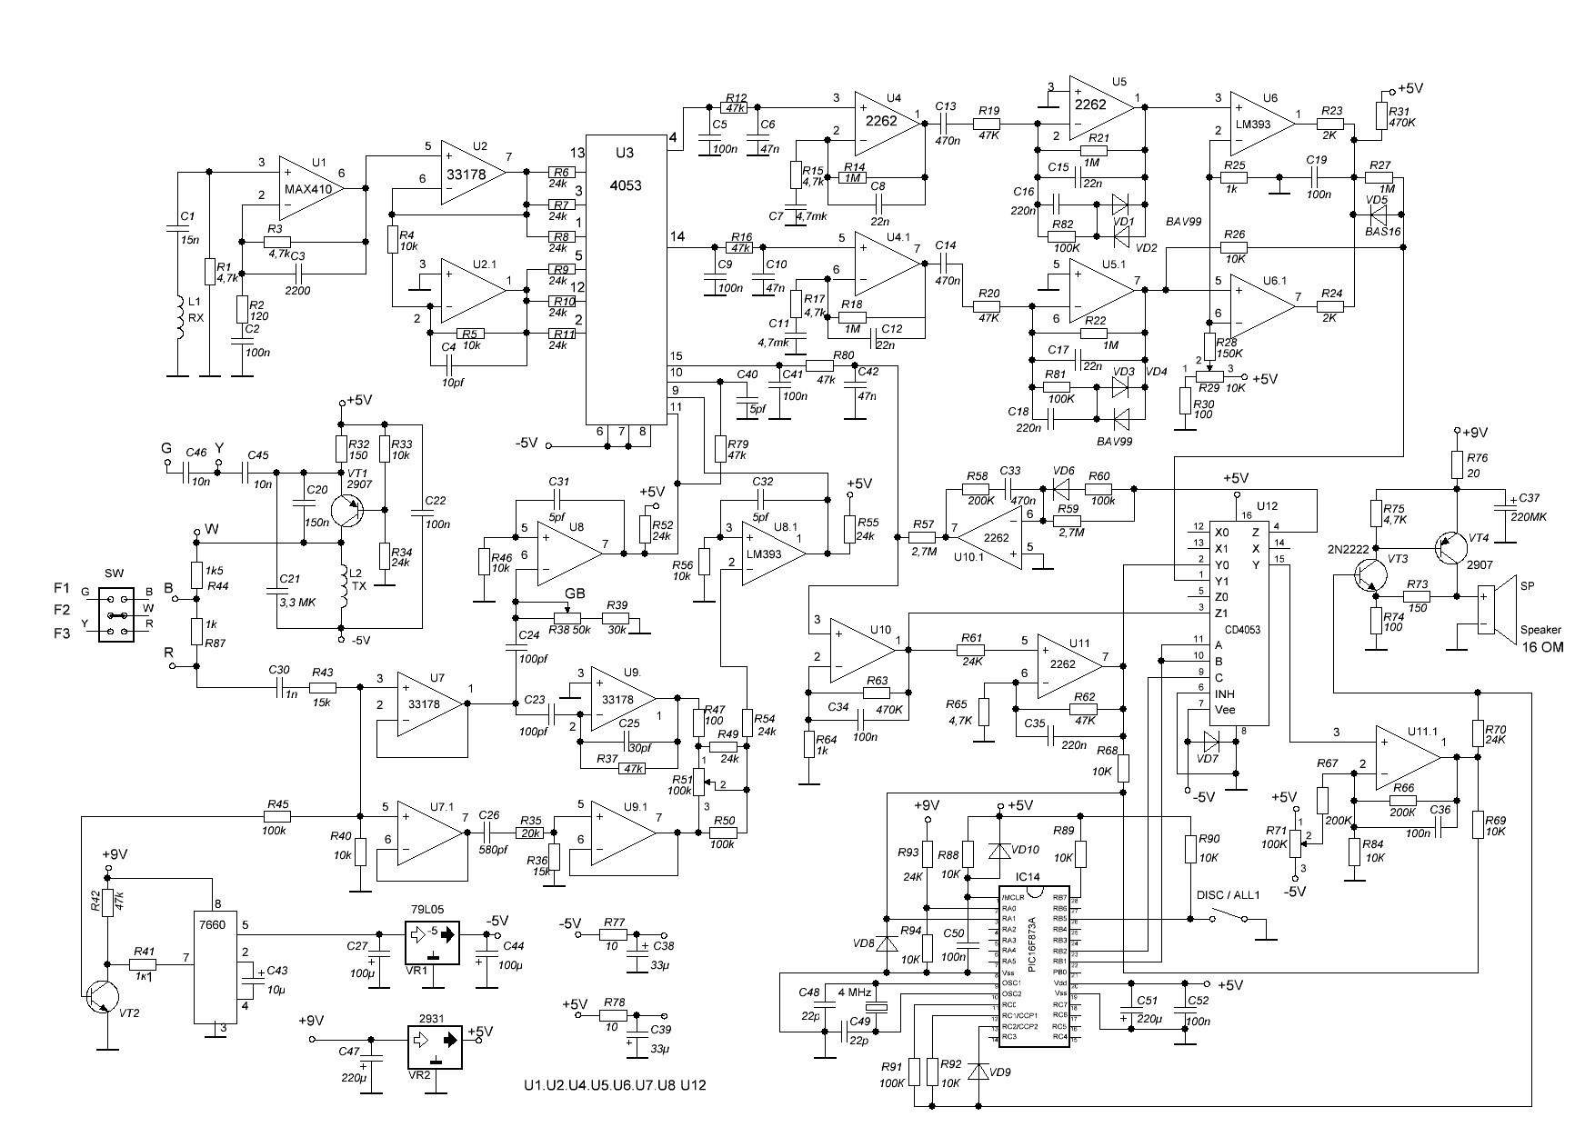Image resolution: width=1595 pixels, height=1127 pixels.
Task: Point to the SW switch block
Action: pos(115,615)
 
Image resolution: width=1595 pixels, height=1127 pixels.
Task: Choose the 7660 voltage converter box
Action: pos(215,967)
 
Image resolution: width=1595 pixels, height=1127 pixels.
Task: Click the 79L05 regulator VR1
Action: pos(432,942)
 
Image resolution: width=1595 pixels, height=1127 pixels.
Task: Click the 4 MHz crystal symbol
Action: pos(877,1007)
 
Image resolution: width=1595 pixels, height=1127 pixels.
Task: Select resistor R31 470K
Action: pos(1381,115)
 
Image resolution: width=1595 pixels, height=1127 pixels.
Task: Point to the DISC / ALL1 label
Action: pos(1227,894)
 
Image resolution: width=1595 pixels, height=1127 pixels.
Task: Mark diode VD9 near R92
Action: pos(978,1072)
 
